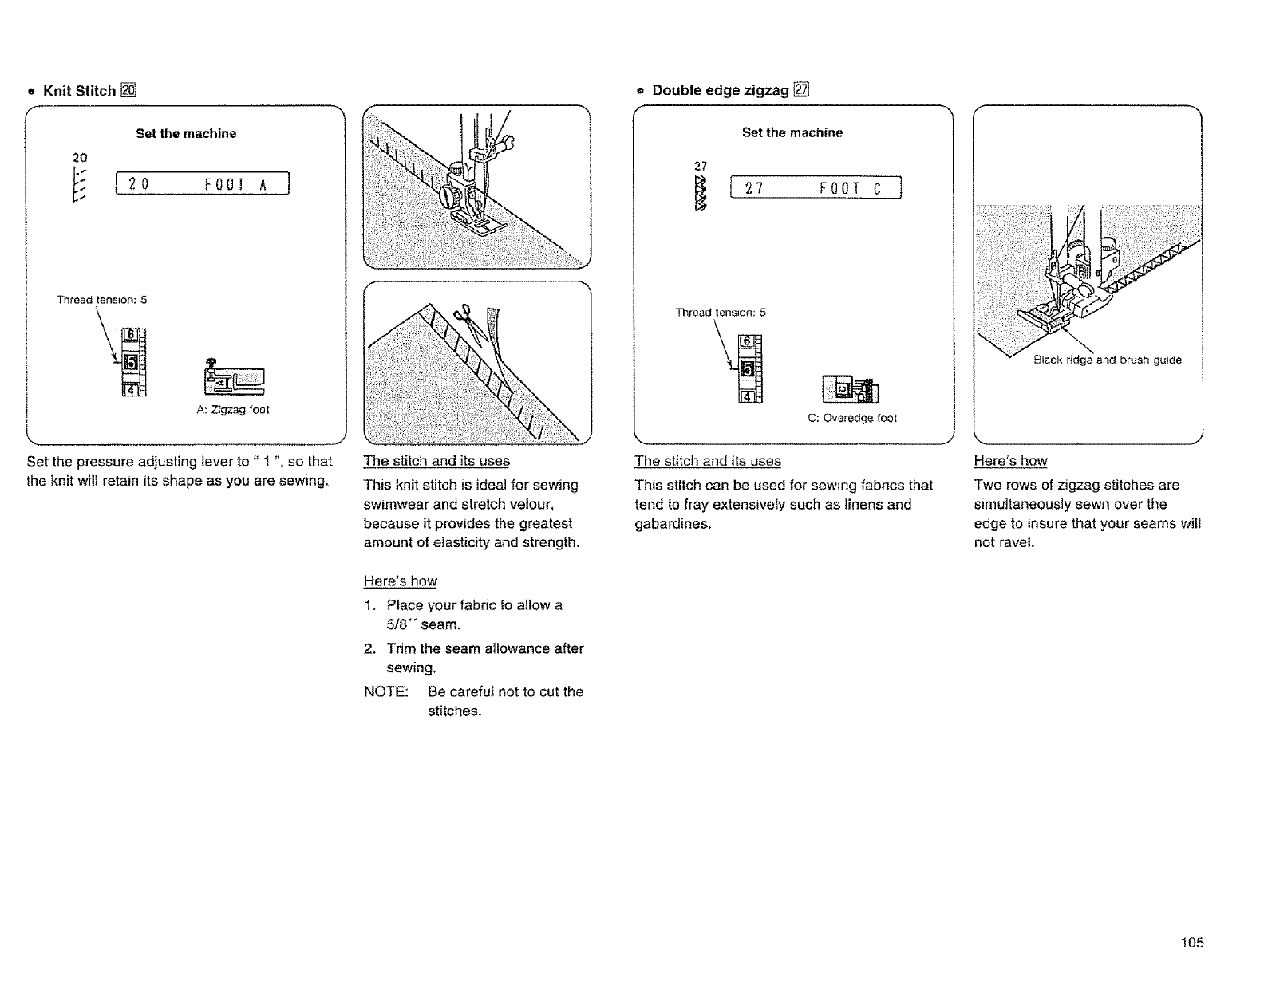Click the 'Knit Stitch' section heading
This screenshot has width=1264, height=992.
[x=79, y=91]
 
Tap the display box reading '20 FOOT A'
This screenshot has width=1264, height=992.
[x=203, y=184]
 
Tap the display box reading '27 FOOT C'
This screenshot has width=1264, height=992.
[x=816, y=189]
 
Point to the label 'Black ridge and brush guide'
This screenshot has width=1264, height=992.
[x=1108, y=360]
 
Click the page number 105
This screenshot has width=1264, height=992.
[x=1192, y=943]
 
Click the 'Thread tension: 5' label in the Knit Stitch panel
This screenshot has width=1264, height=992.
[x=102, y=301]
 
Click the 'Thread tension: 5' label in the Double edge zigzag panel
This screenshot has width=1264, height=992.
[x=721, y=313]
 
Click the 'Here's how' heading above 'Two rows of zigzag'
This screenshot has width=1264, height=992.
[x=1010, y=461]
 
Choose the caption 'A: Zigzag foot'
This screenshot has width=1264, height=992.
[x=232, y=410]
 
